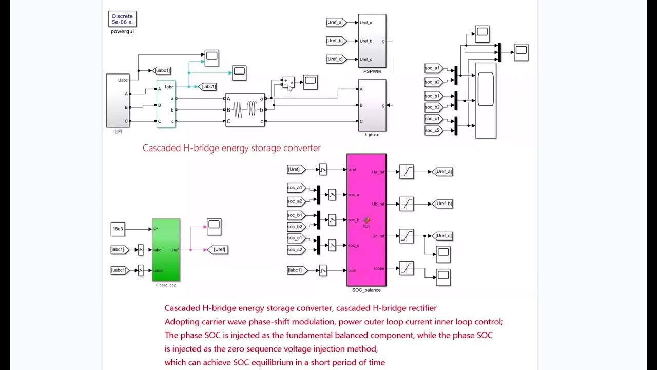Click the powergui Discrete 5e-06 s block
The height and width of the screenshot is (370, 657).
[x=122, y=20]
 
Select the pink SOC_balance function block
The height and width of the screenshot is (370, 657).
[x=366, y=220]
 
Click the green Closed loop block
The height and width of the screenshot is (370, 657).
[x=166, y=250]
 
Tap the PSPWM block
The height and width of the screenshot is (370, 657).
[x=372, y=41]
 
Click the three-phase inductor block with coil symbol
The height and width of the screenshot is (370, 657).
[x=245, y=109]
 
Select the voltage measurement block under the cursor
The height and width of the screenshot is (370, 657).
[x=288, y=82]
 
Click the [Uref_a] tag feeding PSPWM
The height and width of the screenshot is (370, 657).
[x=336, y=22]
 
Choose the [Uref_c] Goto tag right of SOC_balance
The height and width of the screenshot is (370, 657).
[x=443, y=236]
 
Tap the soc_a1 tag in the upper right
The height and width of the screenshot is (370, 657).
[x=433, y=68]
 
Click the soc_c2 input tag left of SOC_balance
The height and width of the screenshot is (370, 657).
[x=296, y=250]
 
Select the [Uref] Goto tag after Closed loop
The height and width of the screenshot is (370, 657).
[x=218, y=250]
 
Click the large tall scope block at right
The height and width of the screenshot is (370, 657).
[x=486, y=101]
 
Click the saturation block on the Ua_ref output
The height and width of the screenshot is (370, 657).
[x=407, y=172]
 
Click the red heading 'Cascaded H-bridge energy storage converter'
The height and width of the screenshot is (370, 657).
[x=231, y=148]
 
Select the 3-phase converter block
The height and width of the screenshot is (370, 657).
[x=372, y=105]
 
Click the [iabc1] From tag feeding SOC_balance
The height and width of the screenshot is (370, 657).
[x=297, y=270]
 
